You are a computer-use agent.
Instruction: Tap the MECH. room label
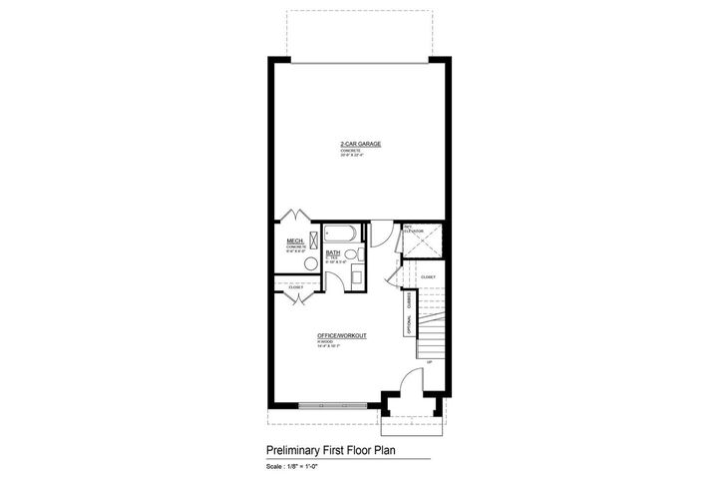coord(295,240)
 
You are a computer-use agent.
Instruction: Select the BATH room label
coord(333,252)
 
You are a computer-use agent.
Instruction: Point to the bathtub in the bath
coord(339,235)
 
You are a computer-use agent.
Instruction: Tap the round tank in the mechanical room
coord(310,262)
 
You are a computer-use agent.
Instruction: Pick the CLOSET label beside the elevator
coord(427,276)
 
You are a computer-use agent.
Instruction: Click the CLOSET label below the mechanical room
coord(295,287)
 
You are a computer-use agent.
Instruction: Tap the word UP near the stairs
coord(429,361)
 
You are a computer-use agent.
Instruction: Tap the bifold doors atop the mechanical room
coord(295,217)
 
